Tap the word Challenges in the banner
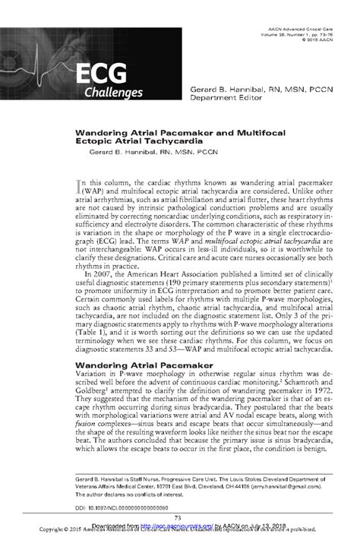point(112,93)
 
